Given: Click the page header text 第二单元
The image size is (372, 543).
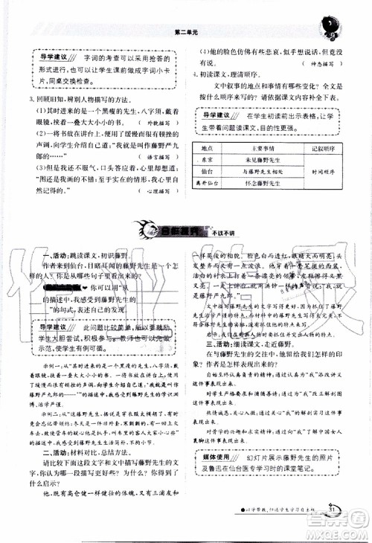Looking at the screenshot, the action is coord(184,32).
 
